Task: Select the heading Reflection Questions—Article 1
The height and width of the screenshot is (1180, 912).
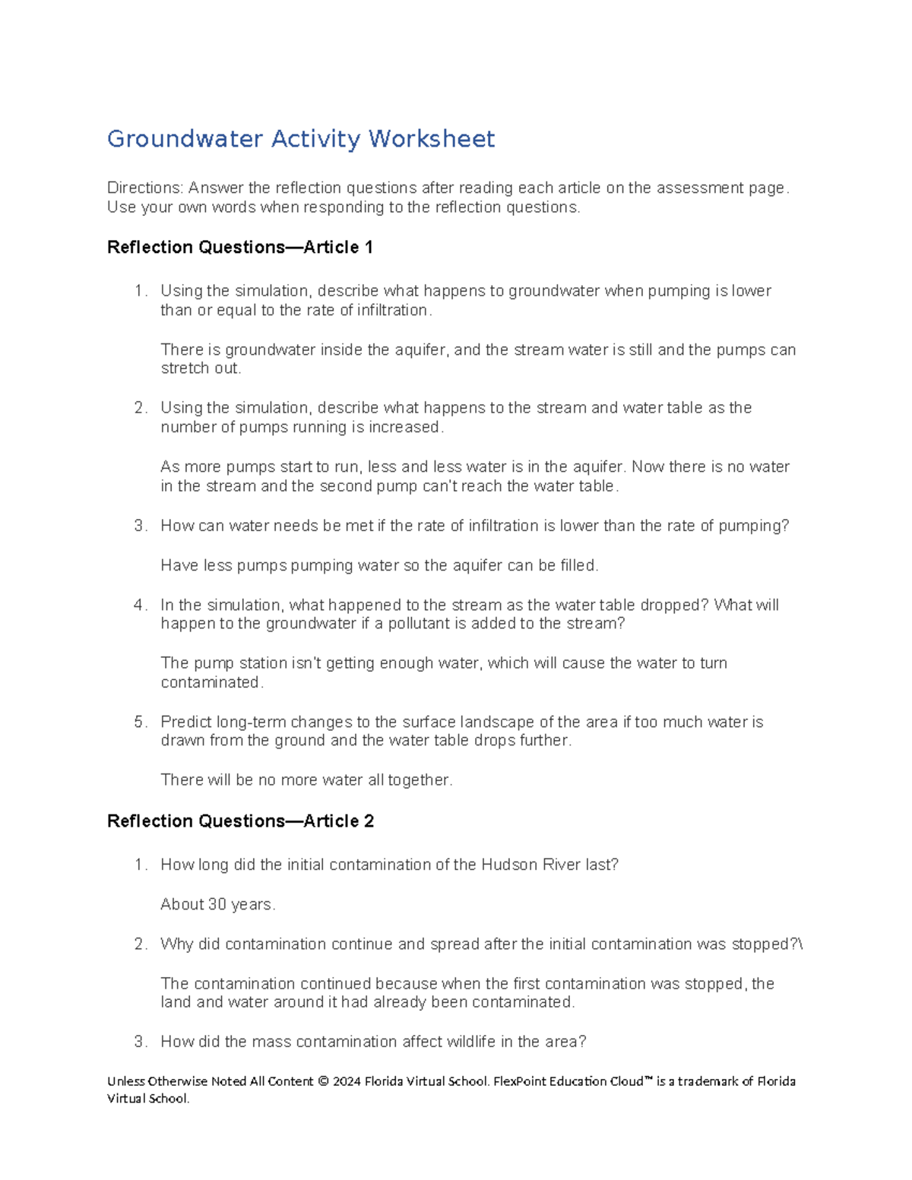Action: (240, 248)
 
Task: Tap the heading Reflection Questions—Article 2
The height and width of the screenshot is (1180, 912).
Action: (240, 821)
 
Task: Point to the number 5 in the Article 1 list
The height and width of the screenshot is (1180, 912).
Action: (139, 723)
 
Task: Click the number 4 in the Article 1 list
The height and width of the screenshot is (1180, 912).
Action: (139, 606)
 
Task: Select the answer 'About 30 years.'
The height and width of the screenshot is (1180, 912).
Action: (218, 905)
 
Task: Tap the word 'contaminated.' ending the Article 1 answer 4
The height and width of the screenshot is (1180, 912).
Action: (212, 683)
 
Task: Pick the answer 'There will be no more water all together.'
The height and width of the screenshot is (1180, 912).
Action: (306, 780)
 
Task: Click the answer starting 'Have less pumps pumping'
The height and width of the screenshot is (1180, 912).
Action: (379, 566)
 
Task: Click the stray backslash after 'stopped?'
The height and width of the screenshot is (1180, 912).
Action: (800, 944)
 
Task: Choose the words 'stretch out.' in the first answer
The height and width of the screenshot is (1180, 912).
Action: (201, 369)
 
